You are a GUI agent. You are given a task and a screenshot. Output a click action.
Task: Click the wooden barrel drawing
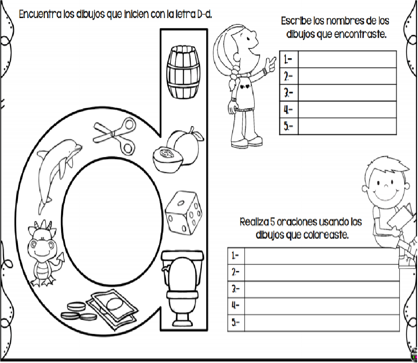coord(183,72)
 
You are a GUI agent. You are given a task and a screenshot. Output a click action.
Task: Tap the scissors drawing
coord(114,135)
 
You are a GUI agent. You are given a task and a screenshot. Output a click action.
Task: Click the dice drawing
coord(183,213)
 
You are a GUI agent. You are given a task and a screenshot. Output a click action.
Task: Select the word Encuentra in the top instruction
coord(40,14)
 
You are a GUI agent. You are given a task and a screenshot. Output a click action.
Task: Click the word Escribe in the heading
coord(296,21)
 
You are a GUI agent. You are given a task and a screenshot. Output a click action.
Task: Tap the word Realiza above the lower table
coord(254,222)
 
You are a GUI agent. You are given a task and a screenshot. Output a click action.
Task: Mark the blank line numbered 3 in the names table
coord(347,93)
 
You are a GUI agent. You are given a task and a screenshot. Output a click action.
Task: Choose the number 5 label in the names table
coord(288,126)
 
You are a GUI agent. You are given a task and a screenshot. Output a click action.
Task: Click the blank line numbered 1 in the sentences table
coord(322,256)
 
